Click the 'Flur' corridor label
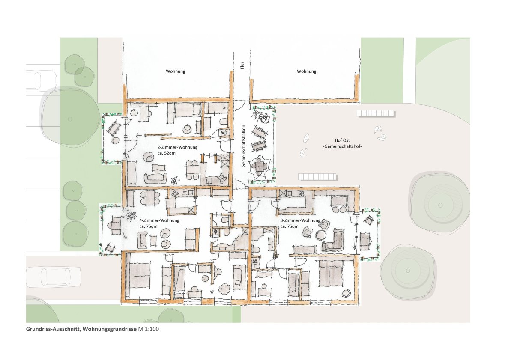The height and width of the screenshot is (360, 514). [x=242, y=65]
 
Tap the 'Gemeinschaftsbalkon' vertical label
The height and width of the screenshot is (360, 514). [x=243, y=146]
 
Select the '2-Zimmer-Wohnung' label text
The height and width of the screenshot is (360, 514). [x=177, y=147]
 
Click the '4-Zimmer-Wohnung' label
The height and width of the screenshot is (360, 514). [x=159, y=220]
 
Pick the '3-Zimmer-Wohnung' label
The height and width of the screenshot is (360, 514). [x=300, y=220]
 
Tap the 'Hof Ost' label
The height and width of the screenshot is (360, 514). [x=342, y=140]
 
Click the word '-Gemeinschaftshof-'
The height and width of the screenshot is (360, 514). [x=342, y=146]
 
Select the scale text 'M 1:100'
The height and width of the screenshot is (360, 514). [x=148, y=329]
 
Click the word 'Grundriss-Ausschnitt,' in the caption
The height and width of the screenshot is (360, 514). [x=54, y=329]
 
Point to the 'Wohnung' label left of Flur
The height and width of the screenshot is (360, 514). [x=176, y=71]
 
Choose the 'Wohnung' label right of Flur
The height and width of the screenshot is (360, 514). [x=307, y=71]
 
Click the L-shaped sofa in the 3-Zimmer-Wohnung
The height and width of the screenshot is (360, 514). [x=333, y=240]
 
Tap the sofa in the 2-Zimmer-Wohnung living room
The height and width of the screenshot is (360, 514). [x=155, y=178]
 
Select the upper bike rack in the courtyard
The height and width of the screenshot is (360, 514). [x=375, y=113]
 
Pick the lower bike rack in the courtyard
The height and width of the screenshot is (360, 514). [x=317, y=177]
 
